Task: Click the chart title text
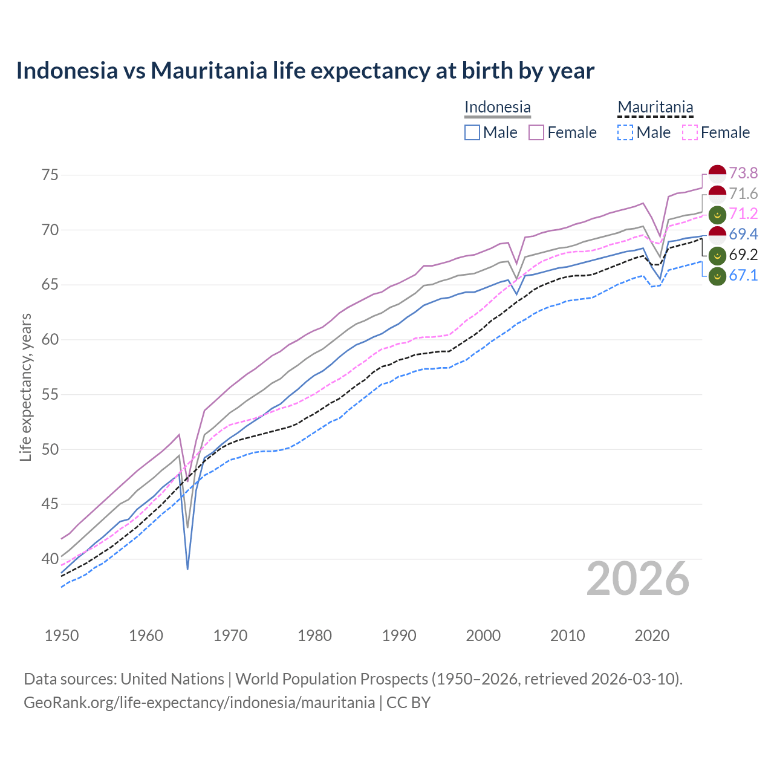305,71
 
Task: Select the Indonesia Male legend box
472,132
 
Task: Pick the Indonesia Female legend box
536,132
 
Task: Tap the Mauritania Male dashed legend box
625,132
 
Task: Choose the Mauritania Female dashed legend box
690,132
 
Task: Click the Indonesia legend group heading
497,107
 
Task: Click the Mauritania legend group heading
655,107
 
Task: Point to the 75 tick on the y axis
50,175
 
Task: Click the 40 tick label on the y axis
50,559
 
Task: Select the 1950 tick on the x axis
62,636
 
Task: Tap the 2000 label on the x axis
483,636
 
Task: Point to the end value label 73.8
743,174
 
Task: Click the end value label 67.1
743,276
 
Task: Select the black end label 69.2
743,255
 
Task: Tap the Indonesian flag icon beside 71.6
717,194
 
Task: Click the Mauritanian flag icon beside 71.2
717,214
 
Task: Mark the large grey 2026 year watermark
638,579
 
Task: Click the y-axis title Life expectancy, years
25,387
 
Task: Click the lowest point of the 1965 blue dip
187,569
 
